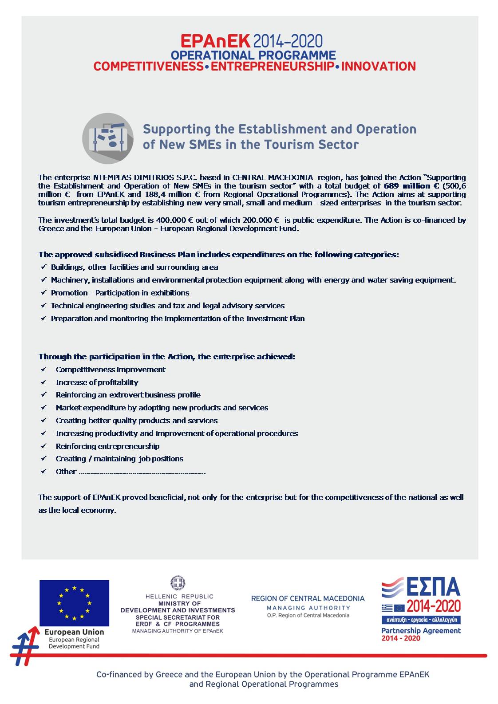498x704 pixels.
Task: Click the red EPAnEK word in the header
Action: tap(216, 42)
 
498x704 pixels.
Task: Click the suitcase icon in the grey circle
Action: tap(107, 138)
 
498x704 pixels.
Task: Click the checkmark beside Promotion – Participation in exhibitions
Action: tap(43, 293)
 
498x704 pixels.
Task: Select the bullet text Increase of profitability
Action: tap(97, 382)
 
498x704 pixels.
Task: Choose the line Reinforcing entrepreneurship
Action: tap(107, 446)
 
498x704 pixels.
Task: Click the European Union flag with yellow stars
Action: tap(74, 602)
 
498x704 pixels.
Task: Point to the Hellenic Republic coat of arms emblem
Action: tap(178, 583)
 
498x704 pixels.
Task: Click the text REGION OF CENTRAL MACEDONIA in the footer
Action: tap(308, 598)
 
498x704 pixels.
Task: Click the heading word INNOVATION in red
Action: tap(379, 67)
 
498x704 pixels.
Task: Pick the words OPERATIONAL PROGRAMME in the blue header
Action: tap(253, 55)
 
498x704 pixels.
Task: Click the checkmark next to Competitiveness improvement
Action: tap(43, 370)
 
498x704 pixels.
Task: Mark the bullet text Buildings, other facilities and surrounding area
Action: tap(134, 267)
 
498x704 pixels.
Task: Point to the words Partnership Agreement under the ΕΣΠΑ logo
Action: tap(421, 630)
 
